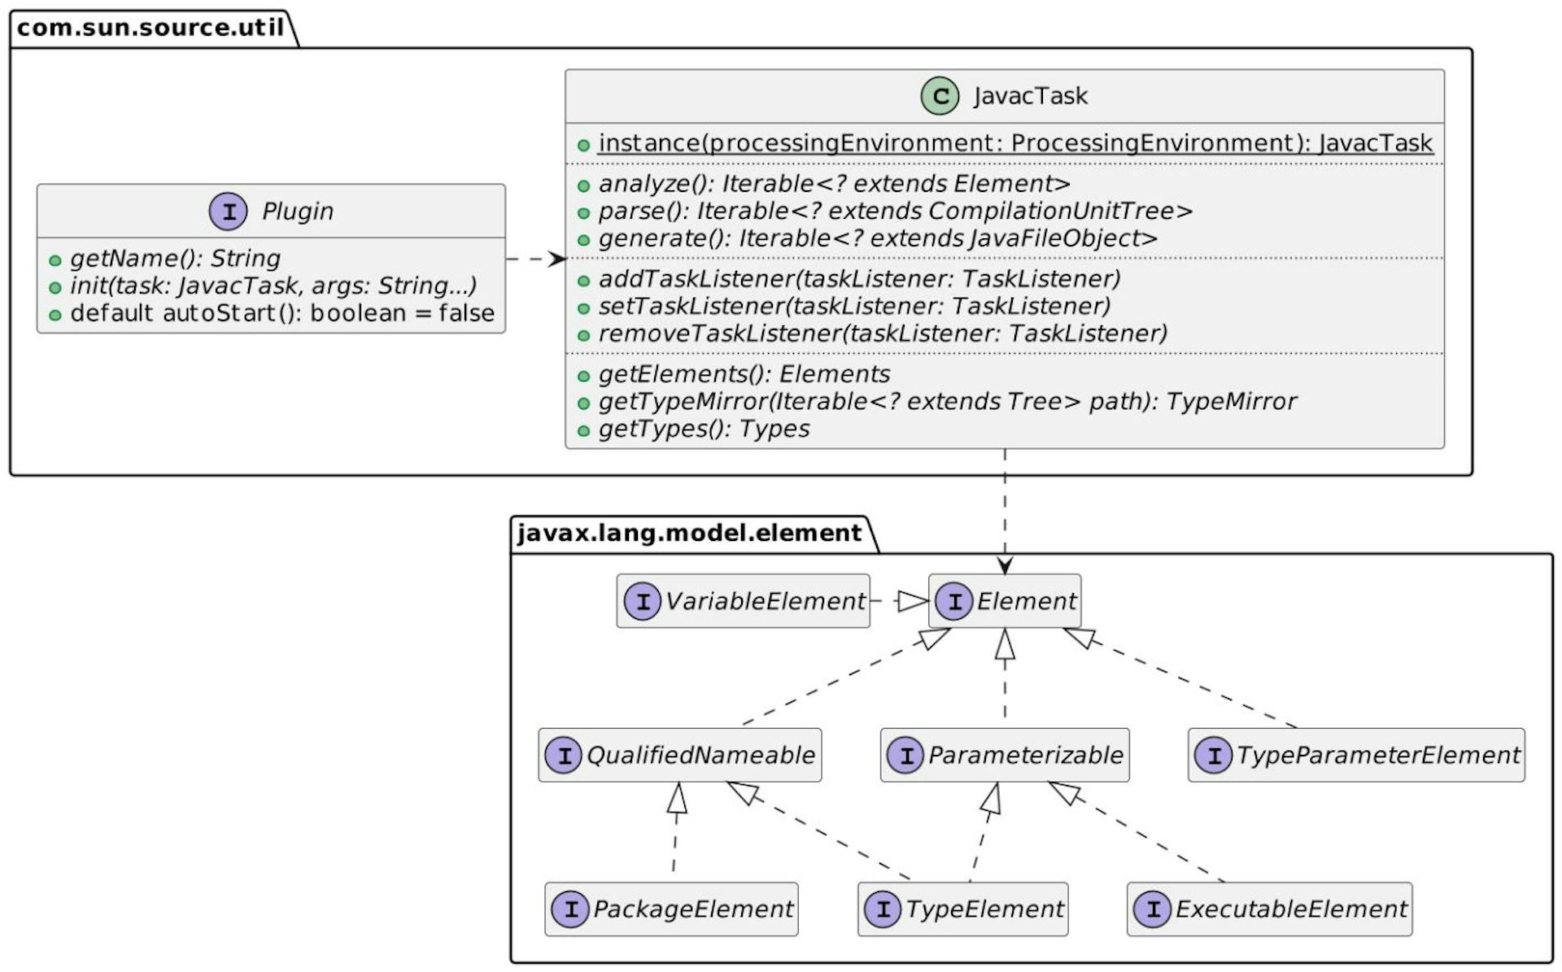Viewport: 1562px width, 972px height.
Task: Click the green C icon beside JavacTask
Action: click(x=940, y=97)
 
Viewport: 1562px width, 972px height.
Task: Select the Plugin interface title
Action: click(x=297, y=211)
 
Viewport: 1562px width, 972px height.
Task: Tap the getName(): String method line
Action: click(x=175, y=259)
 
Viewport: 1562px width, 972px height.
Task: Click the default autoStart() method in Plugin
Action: click(x=281, y=313)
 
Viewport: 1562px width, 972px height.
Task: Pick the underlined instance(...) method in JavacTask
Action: click(x=1014, y=143)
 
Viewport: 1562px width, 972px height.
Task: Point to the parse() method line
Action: click(x=895, y=211)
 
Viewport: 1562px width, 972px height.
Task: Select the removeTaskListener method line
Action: click(x=882, y=333)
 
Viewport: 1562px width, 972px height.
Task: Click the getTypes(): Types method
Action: click(x=704, y=429)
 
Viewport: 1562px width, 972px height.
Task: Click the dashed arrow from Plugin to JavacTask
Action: click(x=534, y=259)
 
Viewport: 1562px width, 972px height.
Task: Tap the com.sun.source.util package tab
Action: click(x=151, y=28)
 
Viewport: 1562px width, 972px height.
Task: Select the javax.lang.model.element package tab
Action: click(x=689, y=534)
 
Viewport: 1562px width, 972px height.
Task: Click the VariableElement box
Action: click(x=743, y=601)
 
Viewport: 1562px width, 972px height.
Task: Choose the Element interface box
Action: click(x=1005, y=601)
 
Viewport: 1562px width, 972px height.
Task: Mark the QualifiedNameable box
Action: click(x=679, y=755)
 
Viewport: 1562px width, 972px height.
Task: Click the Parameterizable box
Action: click(x=1005, y=755)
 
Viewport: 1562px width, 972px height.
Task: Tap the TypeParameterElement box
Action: click(x=1356, y=755)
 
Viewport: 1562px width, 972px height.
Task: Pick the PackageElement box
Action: click(x=671, y=909)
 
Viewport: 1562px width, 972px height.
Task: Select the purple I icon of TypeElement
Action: click(x=883, y=909)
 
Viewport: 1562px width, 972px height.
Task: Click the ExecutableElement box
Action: click(x=1269, y=909)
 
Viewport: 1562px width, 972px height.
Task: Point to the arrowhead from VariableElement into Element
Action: click(x=913, y=601)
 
